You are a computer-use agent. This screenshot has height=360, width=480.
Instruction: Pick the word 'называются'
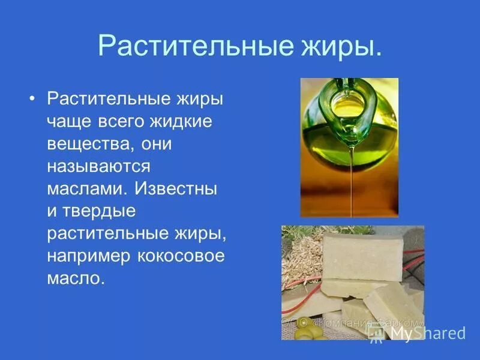(98, 167)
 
